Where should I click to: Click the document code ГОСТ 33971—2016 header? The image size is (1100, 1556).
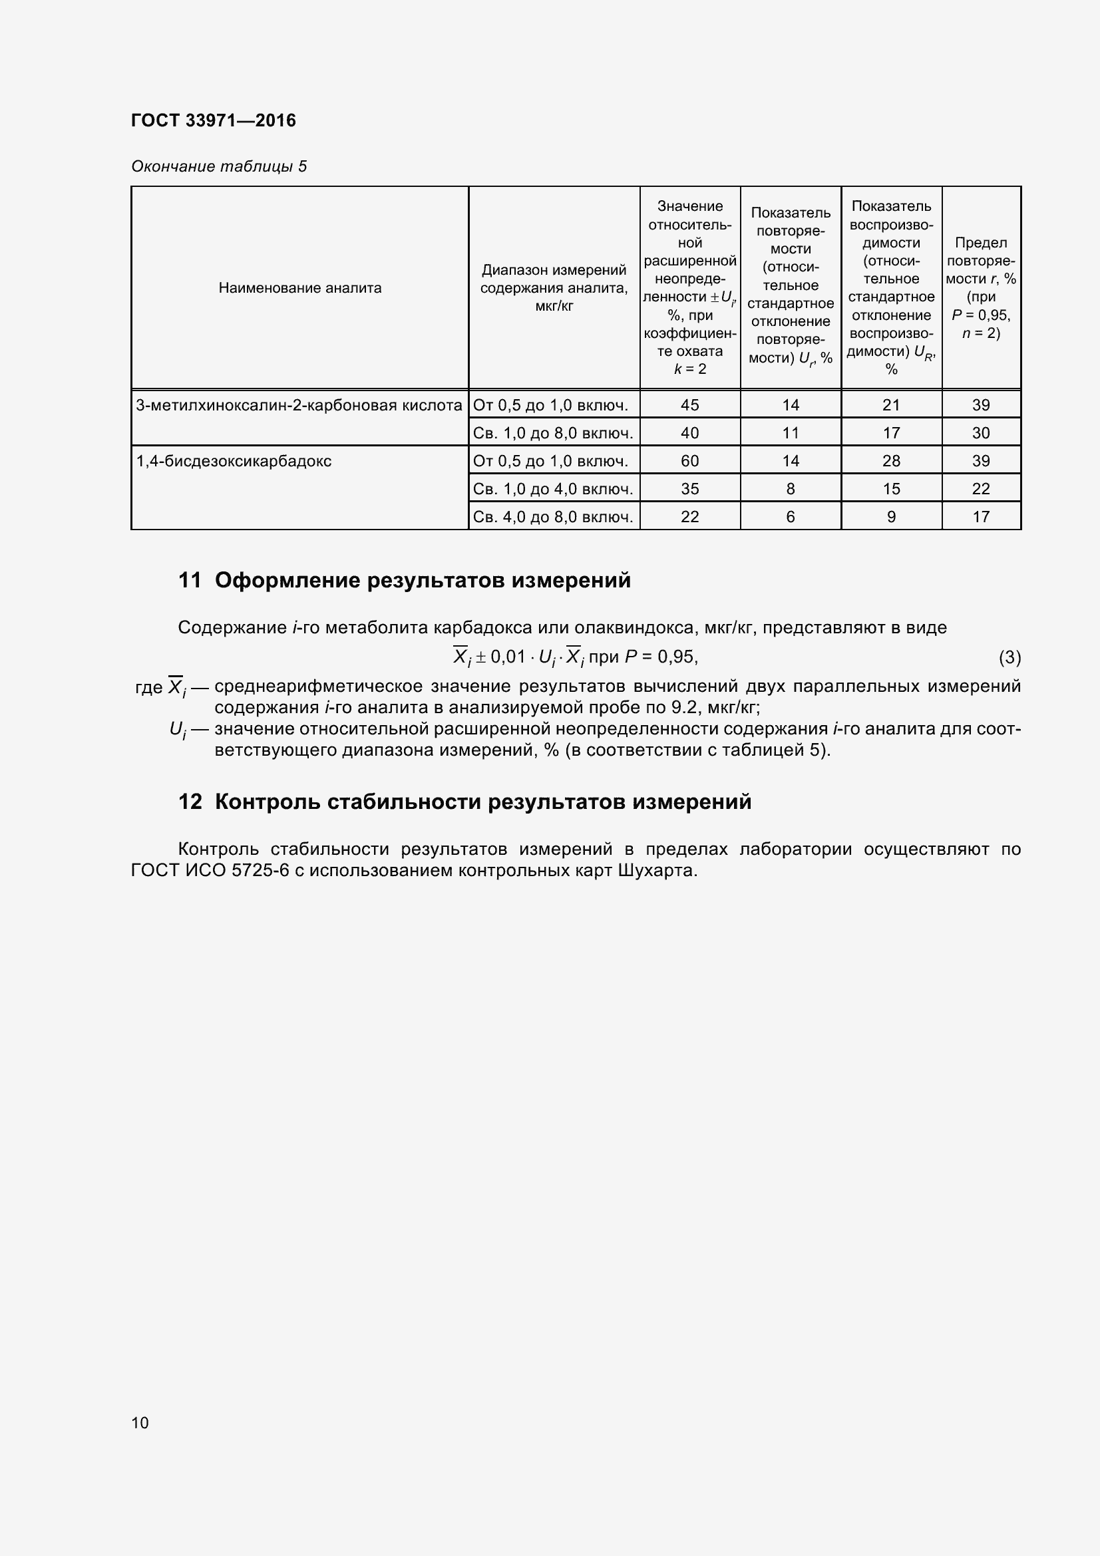pyautogui.click(x=213, y=120)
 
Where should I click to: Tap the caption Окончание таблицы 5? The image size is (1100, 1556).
pyautogui.click(x=218, y=166)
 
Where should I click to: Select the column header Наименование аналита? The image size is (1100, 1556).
pyautogui.click(x=299, y=288)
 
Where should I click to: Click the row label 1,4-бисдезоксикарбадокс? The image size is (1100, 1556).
pyautogui.click(x=234, y=462)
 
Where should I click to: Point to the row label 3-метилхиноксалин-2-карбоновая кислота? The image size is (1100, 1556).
pyautogui.click(x=299, y=405)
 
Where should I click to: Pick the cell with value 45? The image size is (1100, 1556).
pyautogui.click(x=689, y=405)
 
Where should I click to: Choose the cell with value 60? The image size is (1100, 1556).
pyautogui.click(x=689, y=462)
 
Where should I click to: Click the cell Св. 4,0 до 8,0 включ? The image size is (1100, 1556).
pyautogui.click(x=553, y=517)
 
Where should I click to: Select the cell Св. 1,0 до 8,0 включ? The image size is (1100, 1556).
pyautogui.click(x=553, y=433)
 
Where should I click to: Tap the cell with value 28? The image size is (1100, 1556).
pyautogui.click(x=890, y=462)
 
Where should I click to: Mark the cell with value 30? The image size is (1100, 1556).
pyautogui.click(x=980, y=433)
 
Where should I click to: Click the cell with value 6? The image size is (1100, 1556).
pyautogui.click(x=790, y=517)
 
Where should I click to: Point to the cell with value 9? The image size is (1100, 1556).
pyautogui.click(x=890, y=517)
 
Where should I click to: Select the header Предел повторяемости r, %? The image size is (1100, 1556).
pyautogui.click(x=980, y=287)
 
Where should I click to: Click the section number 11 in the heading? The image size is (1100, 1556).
pyautogui.click(x=190, y=580)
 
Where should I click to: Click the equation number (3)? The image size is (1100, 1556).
pyautogui.click(x=1009, y=657)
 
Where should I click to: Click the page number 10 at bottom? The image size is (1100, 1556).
pyautogui.click(x=140, y=1422)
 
